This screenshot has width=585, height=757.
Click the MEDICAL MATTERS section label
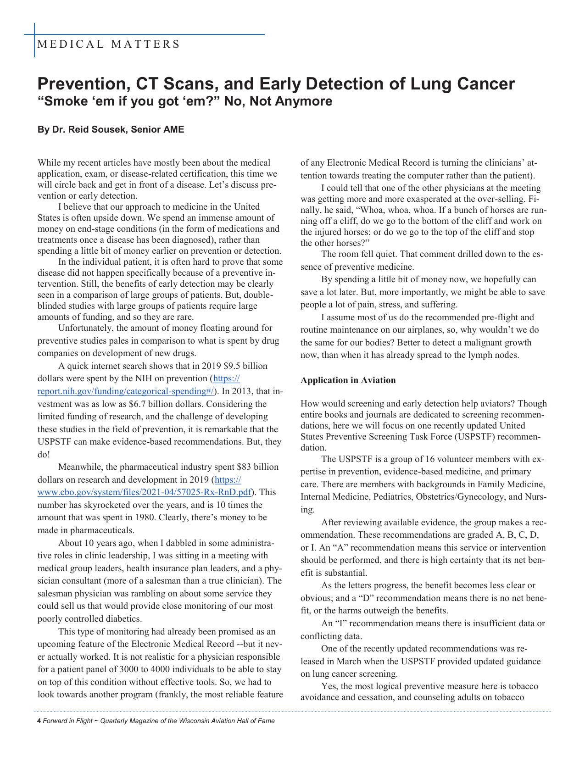tap(108, 45)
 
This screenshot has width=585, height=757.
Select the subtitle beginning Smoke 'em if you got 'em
tap(184, 101)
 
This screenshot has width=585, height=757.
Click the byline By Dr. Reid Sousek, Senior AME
tap(111, 130)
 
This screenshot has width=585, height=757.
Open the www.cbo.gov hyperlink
tap(145, 492)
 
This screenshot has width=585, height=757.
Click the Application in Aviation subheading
tap(348, 380)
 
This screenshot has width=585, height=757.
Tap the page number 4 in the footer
tap(39, 721)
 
